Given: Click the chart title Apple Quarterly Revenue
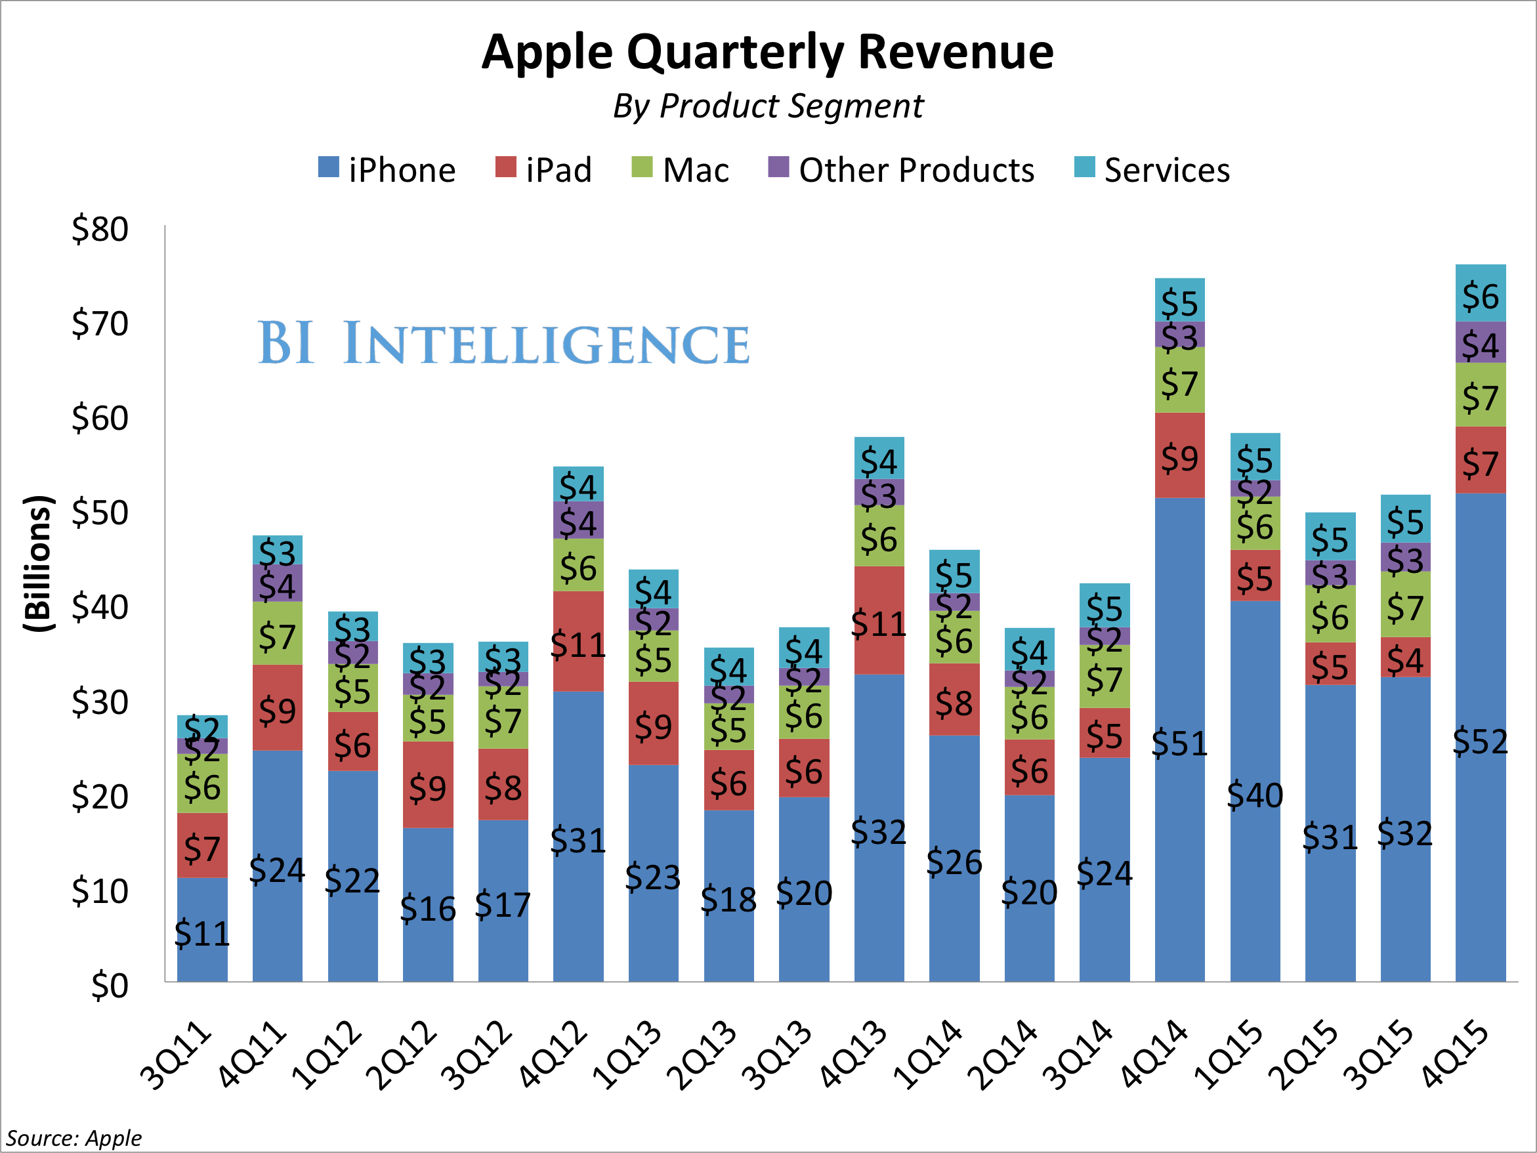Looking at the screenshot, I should [767, 52].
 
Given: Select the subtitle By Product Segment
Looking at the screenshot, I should [768, 106].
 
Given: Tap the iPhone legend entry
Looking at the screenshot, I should [387, 169].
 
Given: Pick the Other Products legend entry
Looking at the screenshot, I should [901, 169].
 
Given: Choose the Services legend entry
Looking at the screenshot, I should [1152, 169].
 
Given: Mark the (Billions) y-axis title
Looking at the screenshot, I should [38, 563].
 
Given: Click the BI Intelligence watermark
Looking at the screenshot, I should [504, 343].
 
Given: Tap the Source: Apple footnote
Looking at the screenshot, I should [74, 1138].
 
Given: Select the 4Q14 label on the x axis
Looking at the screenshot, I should [1154, 1053].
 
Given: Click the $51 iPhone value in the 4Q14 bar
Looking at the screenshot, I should [1179, 744].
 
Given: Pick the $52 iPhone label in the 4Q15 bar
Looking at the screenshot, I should [1480, 742].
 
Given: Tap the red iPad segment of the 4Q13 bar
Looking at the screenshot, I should [879, 620].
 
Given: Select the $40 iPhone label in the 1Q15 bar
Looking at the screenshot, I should [1255, 795].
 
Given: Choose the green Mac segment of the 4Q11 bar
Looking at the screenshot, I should [277, 633].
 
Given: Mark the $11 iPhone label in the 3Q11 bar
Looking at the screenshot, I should [202, 933].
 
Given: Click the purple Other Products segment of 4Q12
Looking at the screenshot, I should [578, 520].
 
